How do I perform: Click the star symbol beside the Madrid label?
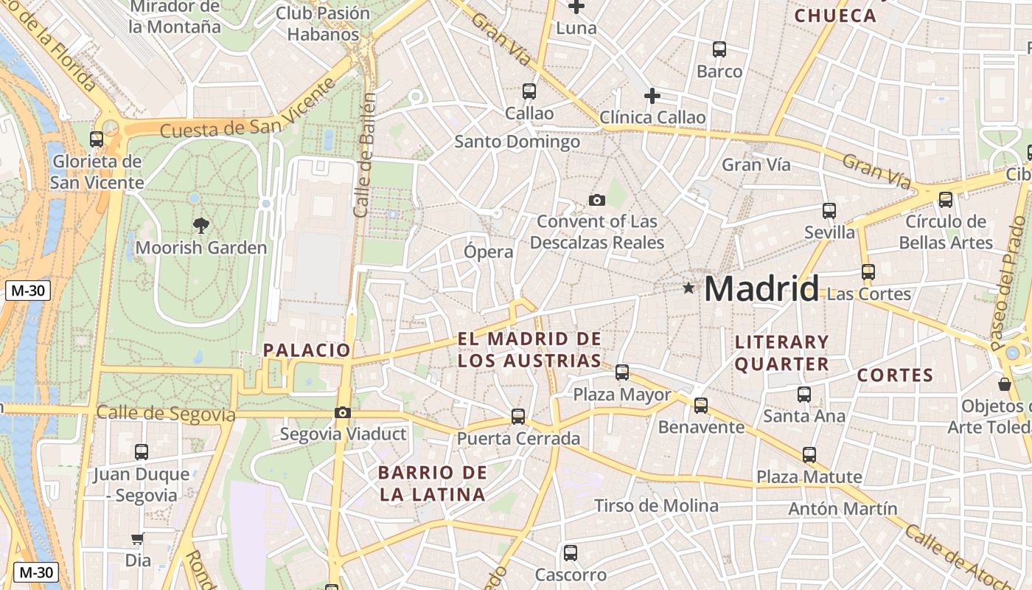pyautogui.click(x=688, y=288)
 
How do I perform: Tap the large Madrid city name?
pyautogui.click(x=761, y=288)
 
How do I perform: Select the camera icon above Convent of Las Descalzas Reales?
pyautogui.click(x=597, y=200)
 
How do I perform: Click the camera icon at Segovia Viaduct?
pyautogui.click(x=343, y=413)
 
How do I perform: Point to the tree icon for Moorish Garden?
pyautogui.click(x=201, y=226)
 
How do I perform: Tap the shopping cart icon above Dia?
pyautogui.click(x=138, y=539)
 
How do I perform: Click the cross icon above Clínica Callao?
pyautogui.click(x=652, y=96)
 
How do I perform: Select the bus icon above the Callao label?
pyautogui.click(x=529, y=91)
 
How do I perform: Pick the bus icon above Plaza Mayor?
pyautogui.click(x=622, y=372)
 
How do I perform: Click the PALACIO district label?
pyautogui.click(x=307, y=350)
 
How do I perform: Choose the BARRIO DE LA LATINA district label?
pyautogui.click(x=433, y=484)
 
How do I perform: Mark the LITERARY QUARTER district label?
pyautogui.click(x=782, y=353)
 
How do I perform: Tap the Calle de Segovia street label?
pyautogui.click(x=166, y=414)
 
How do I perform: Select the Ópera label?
pyautogui.click(x=488, y=251)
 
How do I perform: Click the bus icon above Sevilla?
pyautogui.click(x=829, y=211)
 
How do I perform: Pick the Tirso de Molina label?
pyautogui.click(x=656, y=506)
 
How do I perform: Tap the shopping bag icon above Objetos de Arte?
pyautogui.click(x=1005, y=384)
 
